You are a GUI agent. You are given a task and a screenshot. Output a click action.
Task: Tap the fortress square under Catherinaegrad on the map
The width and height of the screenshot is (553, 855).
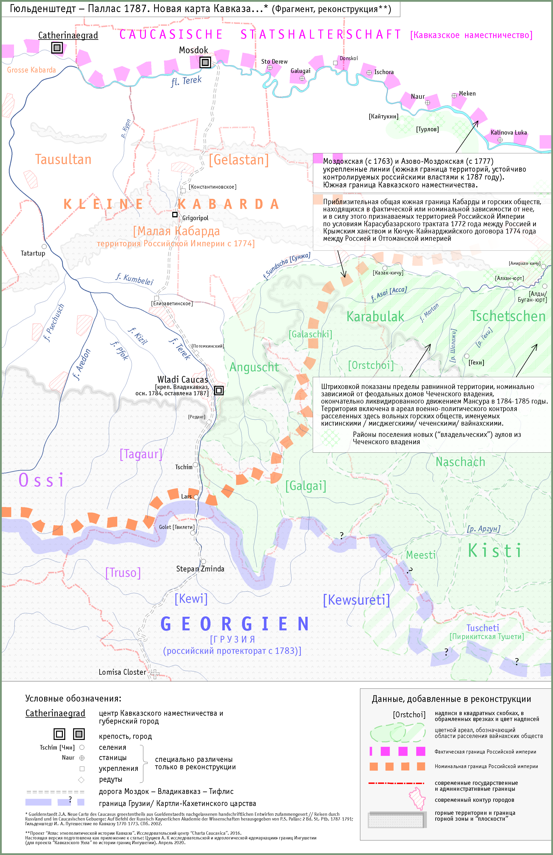(57, 47)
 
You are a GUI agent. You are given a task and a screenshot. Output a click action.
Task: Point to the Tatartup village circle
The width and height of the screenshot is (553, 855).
(44, 246)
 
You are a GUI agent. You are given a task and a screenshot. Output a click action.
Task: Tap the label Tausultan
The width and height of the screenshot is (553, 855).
(63, 159)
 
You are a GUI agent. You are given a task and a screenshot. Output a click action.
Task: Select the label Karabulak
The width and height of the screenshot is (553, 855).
(375, 317)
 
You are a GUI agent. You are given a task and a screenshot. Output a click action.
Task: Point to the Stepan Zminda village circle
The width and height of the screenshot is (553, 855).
(203, 561)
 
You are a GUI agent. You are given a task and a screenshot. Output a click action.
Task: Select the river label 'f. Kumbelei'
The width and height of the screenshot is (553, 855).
(134, 279)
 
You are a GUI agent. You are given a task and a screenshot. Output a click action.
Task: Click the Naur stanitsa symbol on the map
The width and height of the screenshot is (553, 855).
(427, 103)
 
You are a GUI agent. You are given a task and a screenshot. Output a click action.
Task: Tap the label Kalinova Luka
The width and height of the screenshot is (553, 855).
(508, 132)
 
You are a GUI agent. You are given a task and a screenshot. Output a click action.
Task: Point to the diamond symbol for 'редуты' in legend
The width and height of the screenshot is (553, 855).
(82, 780)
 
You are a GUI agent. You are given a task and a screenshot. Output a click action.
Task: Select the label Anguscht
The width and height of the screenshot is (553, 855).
(254, 367)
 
